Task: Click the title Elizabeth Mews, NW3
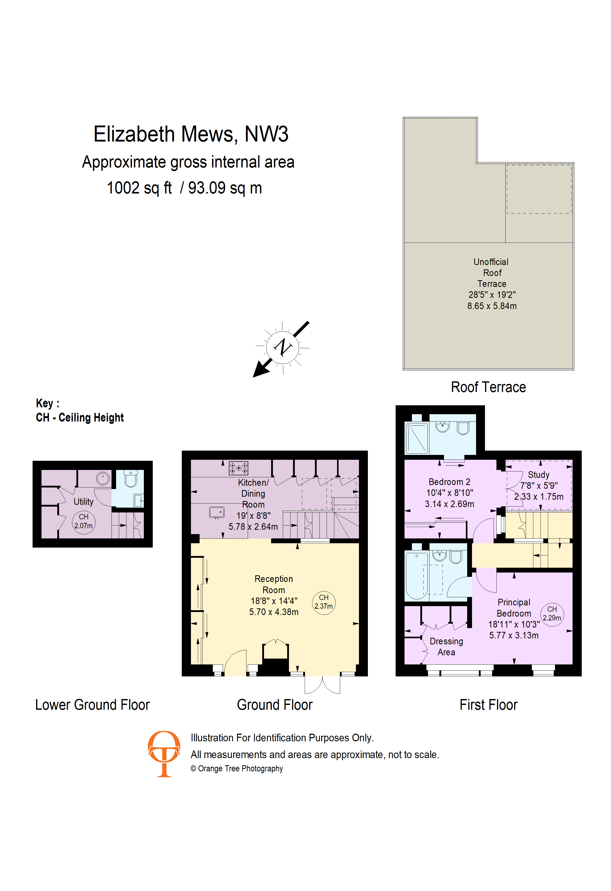click(x=191, y=134)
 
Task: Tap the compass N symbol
click(x=283, y=347)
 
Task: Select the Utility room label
click(x=84, y=502)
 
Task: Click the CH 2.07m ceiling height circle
click(x=84, y=522)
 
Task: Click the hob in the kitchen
click(x=239, y=468)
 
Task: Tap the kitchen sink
click(x=217, y=512)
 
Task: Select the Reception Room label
click(x=274, y=584)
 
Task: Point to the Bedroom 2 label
click(x=449, y=482)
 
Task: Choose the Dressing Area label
click(x=446, y=646)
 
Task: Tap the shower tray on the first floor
click(x=417, y=438)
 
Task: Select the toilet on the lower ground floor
click(x=131, y=479)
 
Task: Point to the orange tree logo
click(x=164, y=753)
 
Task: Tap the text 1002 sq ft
click(x=139, y=188)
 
